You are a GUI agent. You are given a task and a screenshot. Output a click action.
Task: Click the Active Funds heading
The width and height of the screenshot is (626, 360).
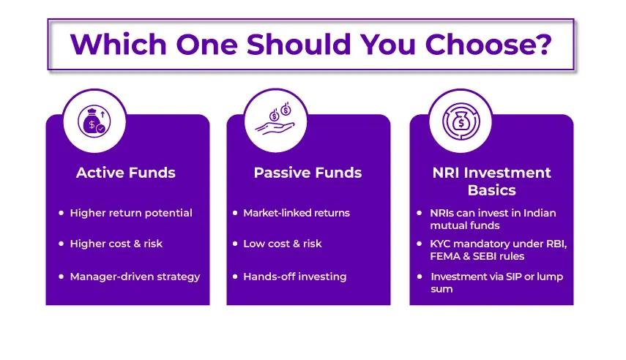tap(126, 173)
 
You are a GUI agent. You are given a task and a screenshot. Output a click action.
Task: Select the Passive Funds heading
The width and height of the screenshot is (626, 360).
tap(308, 173)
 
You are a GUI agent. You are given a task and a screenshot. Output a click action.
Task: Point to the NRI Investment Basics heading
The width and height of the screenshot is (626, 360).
tap(491, 181)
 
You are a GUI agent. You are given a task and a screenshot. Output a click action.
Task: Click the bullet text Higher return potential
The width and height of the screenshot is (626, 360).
tap(131, 213)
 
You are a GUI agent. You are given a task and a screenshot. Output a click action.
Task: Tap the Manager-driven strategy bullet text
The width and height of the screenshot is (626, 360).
tap(135, 277)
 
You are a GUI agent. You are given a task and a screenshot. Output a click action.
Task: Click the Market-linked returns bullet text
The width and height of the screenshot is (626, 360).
tap(297, 213)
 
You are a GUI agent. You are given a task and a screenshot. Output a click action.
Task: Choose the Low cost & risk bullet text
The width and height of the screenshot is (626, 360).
tap(282, 244)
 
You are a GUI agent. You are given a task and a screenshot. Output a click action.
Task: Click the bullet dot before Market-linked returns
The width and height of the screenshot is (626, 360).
tap(235, 213)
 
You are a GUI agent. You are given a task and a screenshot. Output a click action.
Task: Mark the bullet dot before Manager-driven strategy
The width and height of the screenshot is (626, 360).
tap(62, 277)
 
